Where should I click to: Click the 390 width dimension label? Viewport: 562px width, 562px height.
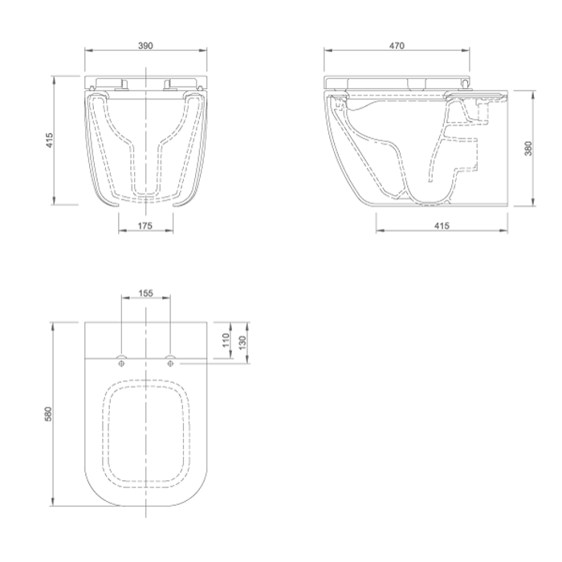pos(145,46)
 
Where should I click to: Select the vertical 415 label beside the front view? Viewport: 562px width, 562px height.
pos(49,140)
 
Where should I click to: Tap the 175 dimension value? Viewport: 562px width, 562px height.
pos(145,226)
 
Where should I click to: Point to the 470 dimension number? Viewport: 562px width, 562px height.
pos(397,46)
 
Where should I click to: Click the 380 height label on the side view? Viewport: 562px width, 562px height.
pos(528,149)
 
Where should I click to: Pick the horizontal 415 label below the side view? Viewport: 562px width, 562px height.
pos(442,226)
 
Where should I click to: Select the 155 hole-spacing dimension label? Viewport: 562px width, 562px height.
pos(145,293)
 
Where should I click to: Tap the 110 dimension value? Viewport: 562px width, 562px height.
pos(226,340)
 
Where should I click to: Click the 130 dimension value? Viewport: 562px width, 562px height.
pos(242,343)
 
